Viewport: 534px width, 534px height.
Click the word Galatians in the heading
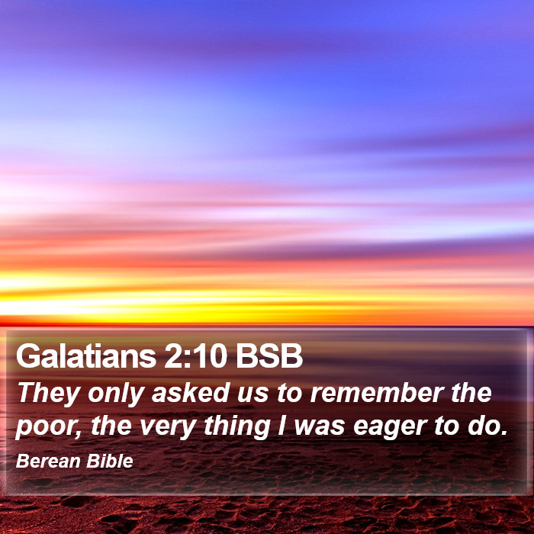tap(85, 355)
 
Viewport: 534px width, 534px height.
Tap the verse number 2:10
tap(195, 356)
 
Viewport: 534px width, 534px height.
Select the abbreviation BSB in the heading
tap(269, 356)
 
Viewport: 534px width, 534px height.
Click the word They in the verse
tap(49, 394)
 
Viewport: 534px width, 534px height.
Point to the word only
tap(116, 394)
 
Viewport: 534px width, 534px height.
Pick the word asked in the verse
tap(191, 392)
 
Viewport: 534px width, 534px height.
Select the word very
tap(168, 427)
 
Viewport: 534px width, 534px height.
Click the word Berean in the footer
tap(48, 461)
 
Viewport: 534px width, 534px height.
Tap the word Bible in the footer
tap(110, 461)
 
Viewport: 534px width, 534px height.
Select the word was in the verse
tap(320, 427)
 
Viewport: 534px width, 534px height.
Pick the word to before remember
tap(289, 393)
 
